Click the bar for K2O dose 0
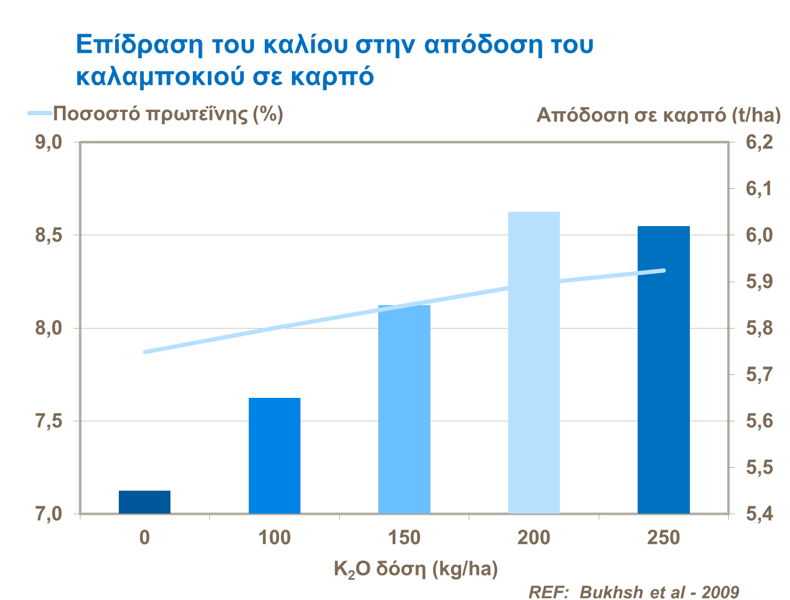(144, 502)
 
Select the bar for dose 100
(274, 456)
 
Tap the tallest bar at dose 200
(534, 363)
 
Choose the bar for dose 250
(664, 370)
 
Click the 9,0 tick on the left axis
(49, 142)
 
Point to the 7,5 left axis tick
(49, 421)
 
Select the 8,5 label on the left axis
(49, 235)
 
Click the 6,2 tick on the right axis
(759, 142)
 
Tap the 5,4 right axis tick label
(759, 514)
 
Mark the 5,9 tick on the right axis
(759, 282)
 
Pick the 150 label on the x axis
(404, 538)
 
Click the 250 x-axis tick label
(664, 538)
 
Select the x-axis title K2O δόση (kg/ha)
(416, 570)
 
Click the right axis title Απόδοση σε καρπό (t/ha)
(658, 115)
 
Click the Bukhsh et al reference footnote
(633, 591)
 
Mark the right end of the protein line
(664, 270)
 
